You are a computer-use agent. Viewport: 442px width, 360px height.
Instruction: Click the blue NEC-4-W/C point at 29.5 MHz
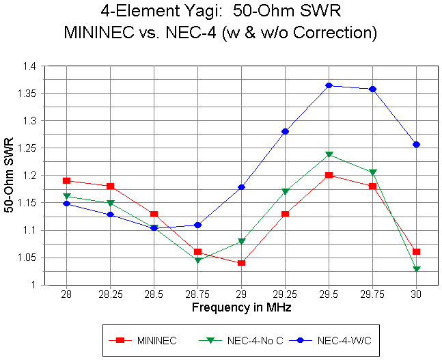click(329, 85)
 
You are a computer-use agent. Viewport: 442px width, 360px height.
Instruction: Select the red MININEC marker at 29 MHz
click(241, 263)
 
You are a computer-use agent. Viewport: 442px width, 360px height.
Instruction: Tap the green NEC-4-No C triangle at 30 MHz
click(416, 269)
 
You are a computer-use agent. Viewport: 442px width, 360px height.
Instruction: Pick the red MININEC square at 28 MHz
click(66, 181)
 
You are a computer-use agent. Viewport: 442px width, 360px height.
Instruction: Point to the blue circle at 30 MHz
click(416, 145)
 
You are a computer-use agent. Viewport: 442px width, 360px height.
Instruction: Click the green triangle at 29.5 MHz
click(329, 155)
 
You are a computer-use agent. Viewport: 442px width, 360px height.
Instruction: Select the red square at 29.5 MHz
click(329, 176)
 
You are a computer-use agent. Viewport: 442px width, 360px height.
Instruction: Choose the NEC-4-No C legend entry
click(253, 340)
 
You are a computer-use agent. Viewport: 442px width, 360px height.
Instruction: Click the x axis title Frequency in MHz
click(241, 308)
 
